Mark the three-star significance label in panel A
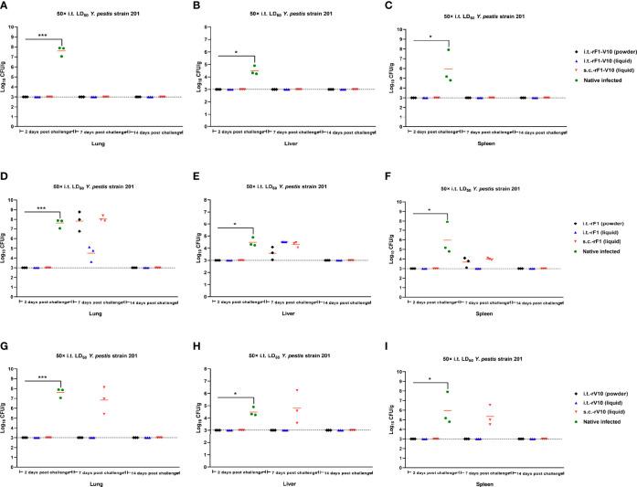tap(42, 37)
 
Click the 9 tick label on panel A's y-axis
tap(12, 27)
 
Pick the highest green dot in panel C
tap(449, 49)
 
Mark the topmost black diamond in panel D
tap(80, 212)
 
